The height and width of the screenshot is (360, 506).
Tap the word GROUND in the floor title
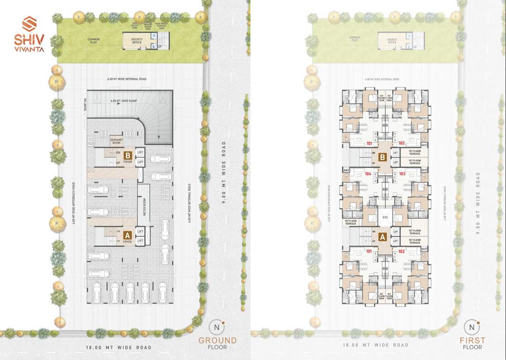coord(217,340)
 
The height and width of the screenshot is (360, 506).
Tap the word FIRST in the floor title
coord(472,340)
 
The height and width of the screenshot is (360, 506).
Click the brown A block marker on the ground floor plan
coord(127,235)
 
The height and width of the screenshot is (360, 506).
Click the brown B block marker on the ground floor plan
coord(127,152)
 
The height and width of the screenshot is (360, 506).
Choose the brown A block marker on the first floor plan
coord(382,237)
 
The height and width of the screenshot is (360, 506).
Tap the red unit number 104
coord(368,173)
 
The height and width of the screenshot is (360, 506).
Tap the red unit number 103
coord(401,173)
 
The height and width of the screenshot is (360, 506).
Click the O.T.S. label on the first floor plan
coord(384,217)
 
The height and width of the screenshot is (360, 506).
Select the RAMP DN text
coord(85,101)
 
